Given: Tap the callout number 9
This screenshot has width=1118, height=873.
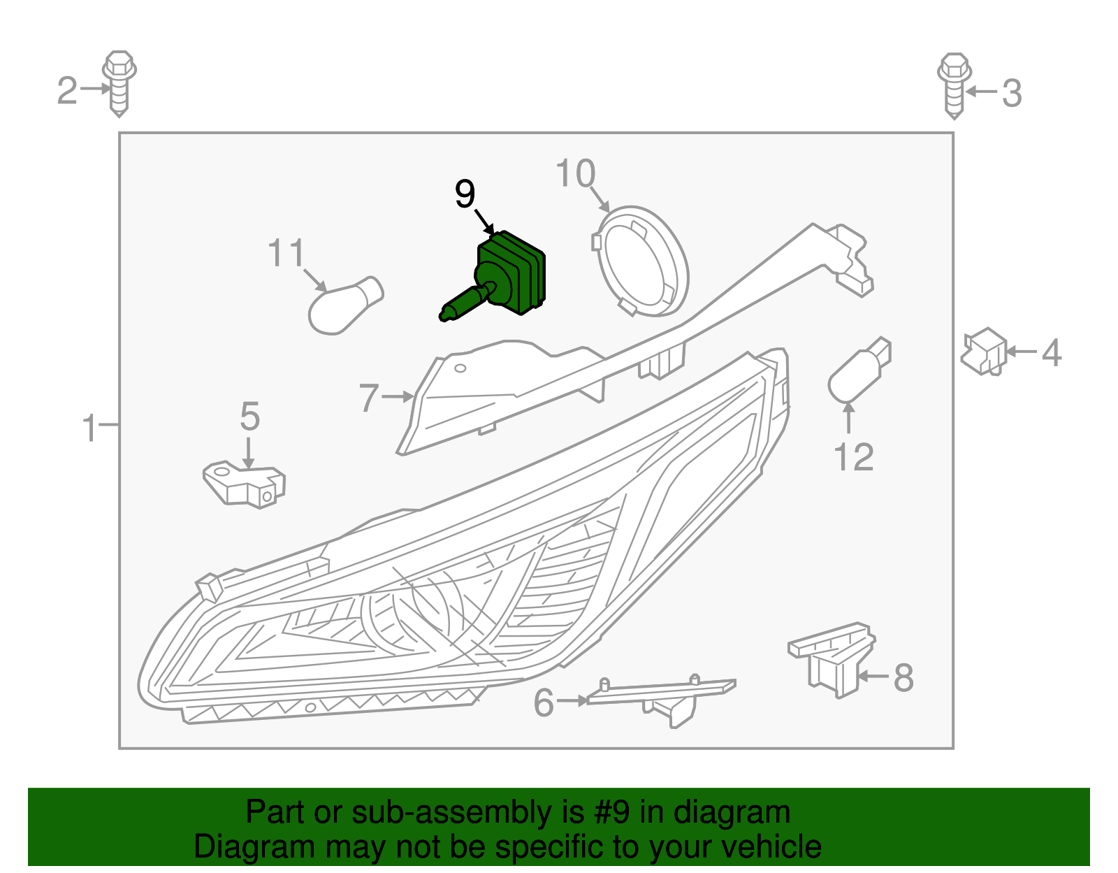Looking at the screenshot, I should coord(465,194).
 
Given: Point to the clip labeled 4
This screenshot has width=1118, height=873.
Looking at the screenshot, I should coord(984,352).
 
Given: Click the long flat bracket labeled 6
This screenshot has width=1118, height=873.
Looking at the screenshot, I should coord(660,695).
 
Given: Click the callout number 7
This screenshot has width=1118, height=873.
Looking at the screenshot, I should coord(369,398).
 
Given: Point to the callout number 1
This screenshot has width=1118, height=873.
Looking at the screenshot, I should coord(89,427).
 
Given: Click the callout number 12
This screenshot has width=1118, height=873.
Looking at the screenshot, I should coord(853,458).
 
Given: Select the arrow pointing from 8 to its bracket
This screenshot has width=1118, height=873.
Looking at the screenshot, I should coord(873,676).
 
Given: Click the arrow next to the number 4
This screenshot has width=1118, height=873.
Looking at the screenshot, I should coord(1021,352).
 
